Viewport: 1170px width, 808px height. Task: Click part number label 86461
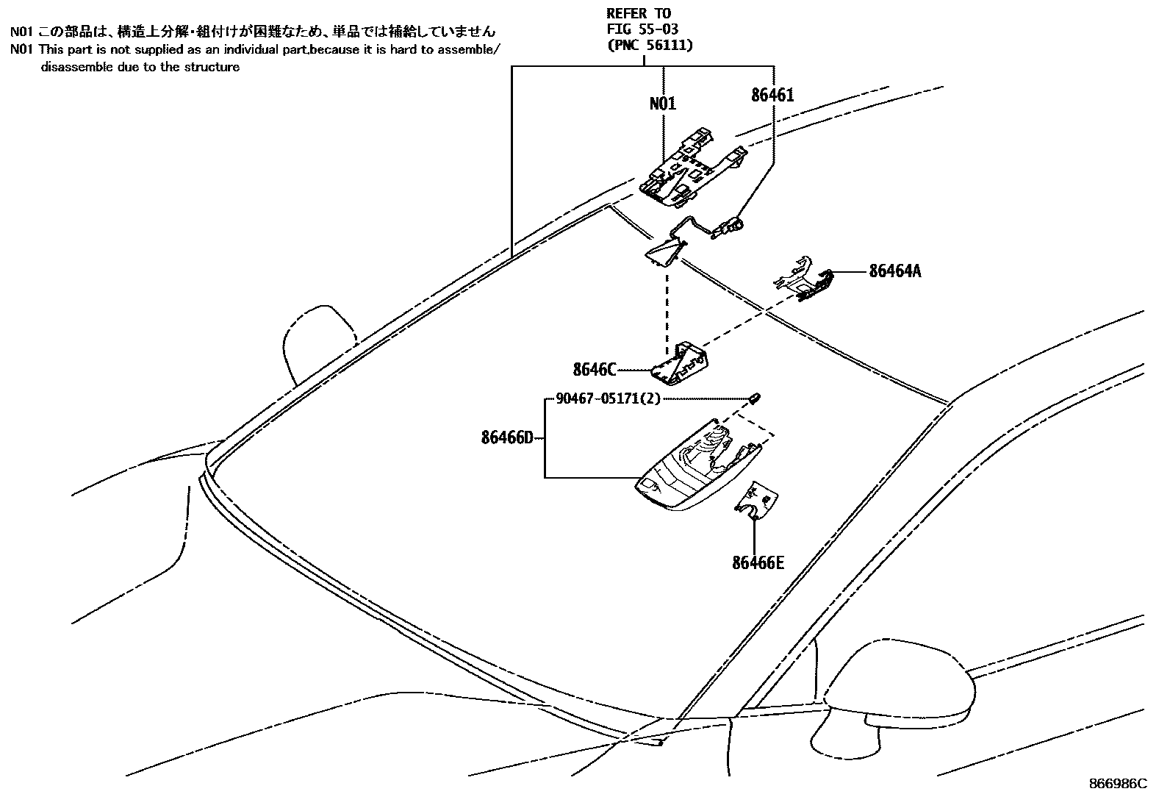[x=772, y=95]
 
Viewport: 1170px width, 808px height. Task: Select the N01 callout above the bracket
[x=662, y=104]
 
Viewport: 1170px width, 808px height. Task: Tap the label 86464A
[x=894, y=271]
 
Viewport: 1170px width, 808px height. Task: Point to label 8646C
[x=594, y=369]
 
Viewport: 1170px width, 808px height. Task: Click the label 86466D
[x=506, y=438]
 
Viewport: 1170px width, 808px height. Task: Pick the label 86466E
[x=758, y=563]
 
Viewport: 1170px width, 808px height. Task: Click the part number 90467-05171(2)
[x=608, y=398]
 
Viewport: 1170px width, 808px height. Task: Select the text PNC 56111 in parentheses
[x=650, y=45]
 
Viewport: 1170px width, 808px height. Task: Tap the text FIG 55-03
[x=642, y=29]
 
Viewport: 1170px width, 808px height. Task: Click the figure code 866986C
[x=1117, y=784]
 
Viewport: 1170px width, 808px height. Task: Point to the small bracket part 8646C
[x=683, y=363]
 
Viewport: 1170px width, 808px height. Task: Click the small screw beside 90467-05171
[x=755, y=398]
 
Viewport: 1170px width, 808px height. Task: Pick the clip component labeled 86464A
[x=805, y=279]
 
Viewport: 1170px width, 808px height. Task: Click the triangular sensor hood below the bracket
[x=666, y=250]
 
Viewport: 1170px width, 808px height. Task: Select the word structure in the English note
[x=214, y=67]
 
